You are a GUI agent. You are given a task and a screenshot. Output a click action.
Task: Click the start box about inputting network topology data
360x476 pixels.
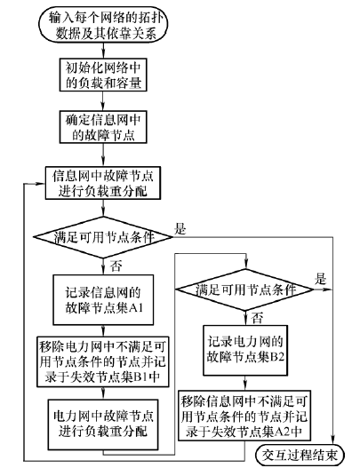[x=103, y=26]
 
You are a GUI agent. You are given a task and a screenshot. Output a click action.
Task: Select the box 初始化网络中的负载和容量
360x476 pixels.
[x=103, y=75]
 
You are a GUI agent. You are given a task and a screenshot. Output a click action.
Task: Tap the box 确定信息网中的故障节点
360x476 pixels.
[x=103, y=127]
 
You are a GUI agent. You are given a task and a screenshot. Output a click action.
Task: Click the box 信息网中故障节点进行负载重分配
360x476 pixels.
[x=103, y=183]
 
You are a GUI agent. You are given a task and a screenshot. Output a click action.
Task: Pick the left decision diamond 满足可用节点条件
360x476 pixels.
[x=103, y=237]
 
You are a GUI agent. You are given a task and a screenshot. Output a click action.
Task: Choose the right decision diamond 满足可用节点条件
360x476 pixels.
[x=245, y=290]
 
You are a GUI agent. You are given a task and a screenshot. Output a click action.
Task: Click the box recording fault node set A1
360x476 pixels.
[x=103, y=300]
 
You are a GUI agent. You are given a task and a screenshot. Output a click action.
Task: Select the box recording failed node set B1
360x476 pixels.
[x=103, y=361]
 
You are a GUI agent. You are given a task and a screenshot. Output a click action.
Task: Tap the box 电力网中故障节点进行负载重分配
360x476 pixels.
[x=103, y=424]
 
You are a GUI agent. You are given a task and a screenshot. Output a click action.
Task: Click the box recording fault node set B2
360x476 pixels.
[x=245, y=350]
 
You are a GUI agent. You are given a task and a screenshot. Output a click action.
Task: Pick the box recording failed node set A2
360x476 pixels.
[x=244, y=416]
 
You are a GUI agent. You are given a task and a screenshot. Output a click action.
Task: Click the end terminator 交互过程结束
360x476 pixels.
[x=300, y=456]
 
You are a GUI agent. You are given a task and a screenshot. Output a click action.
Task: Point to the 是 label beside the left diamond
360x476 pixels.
[x=180, y=228]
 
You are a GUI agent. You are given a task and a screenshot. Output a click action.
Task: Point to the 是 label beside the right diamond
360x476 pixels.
[x=320, y=278]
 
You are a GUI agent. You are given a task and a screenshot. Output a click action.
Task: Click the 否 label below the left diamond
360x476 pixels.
[x=116, y=266]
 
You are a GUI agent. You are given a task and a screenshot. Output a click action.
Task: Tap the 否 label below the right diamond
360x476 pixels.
[x=257, y=318]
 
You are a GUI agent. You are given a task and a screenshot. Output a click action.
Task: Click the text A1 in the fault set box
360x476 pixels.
[x=136, y=308]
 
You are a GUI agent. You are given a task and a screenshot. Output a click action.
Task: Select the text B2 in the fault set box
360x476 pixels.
[x=277, y=357]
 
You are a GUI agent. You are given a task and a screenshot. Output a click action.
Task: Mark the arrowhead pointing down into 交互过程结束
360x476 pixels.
[x=333, y=441]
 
